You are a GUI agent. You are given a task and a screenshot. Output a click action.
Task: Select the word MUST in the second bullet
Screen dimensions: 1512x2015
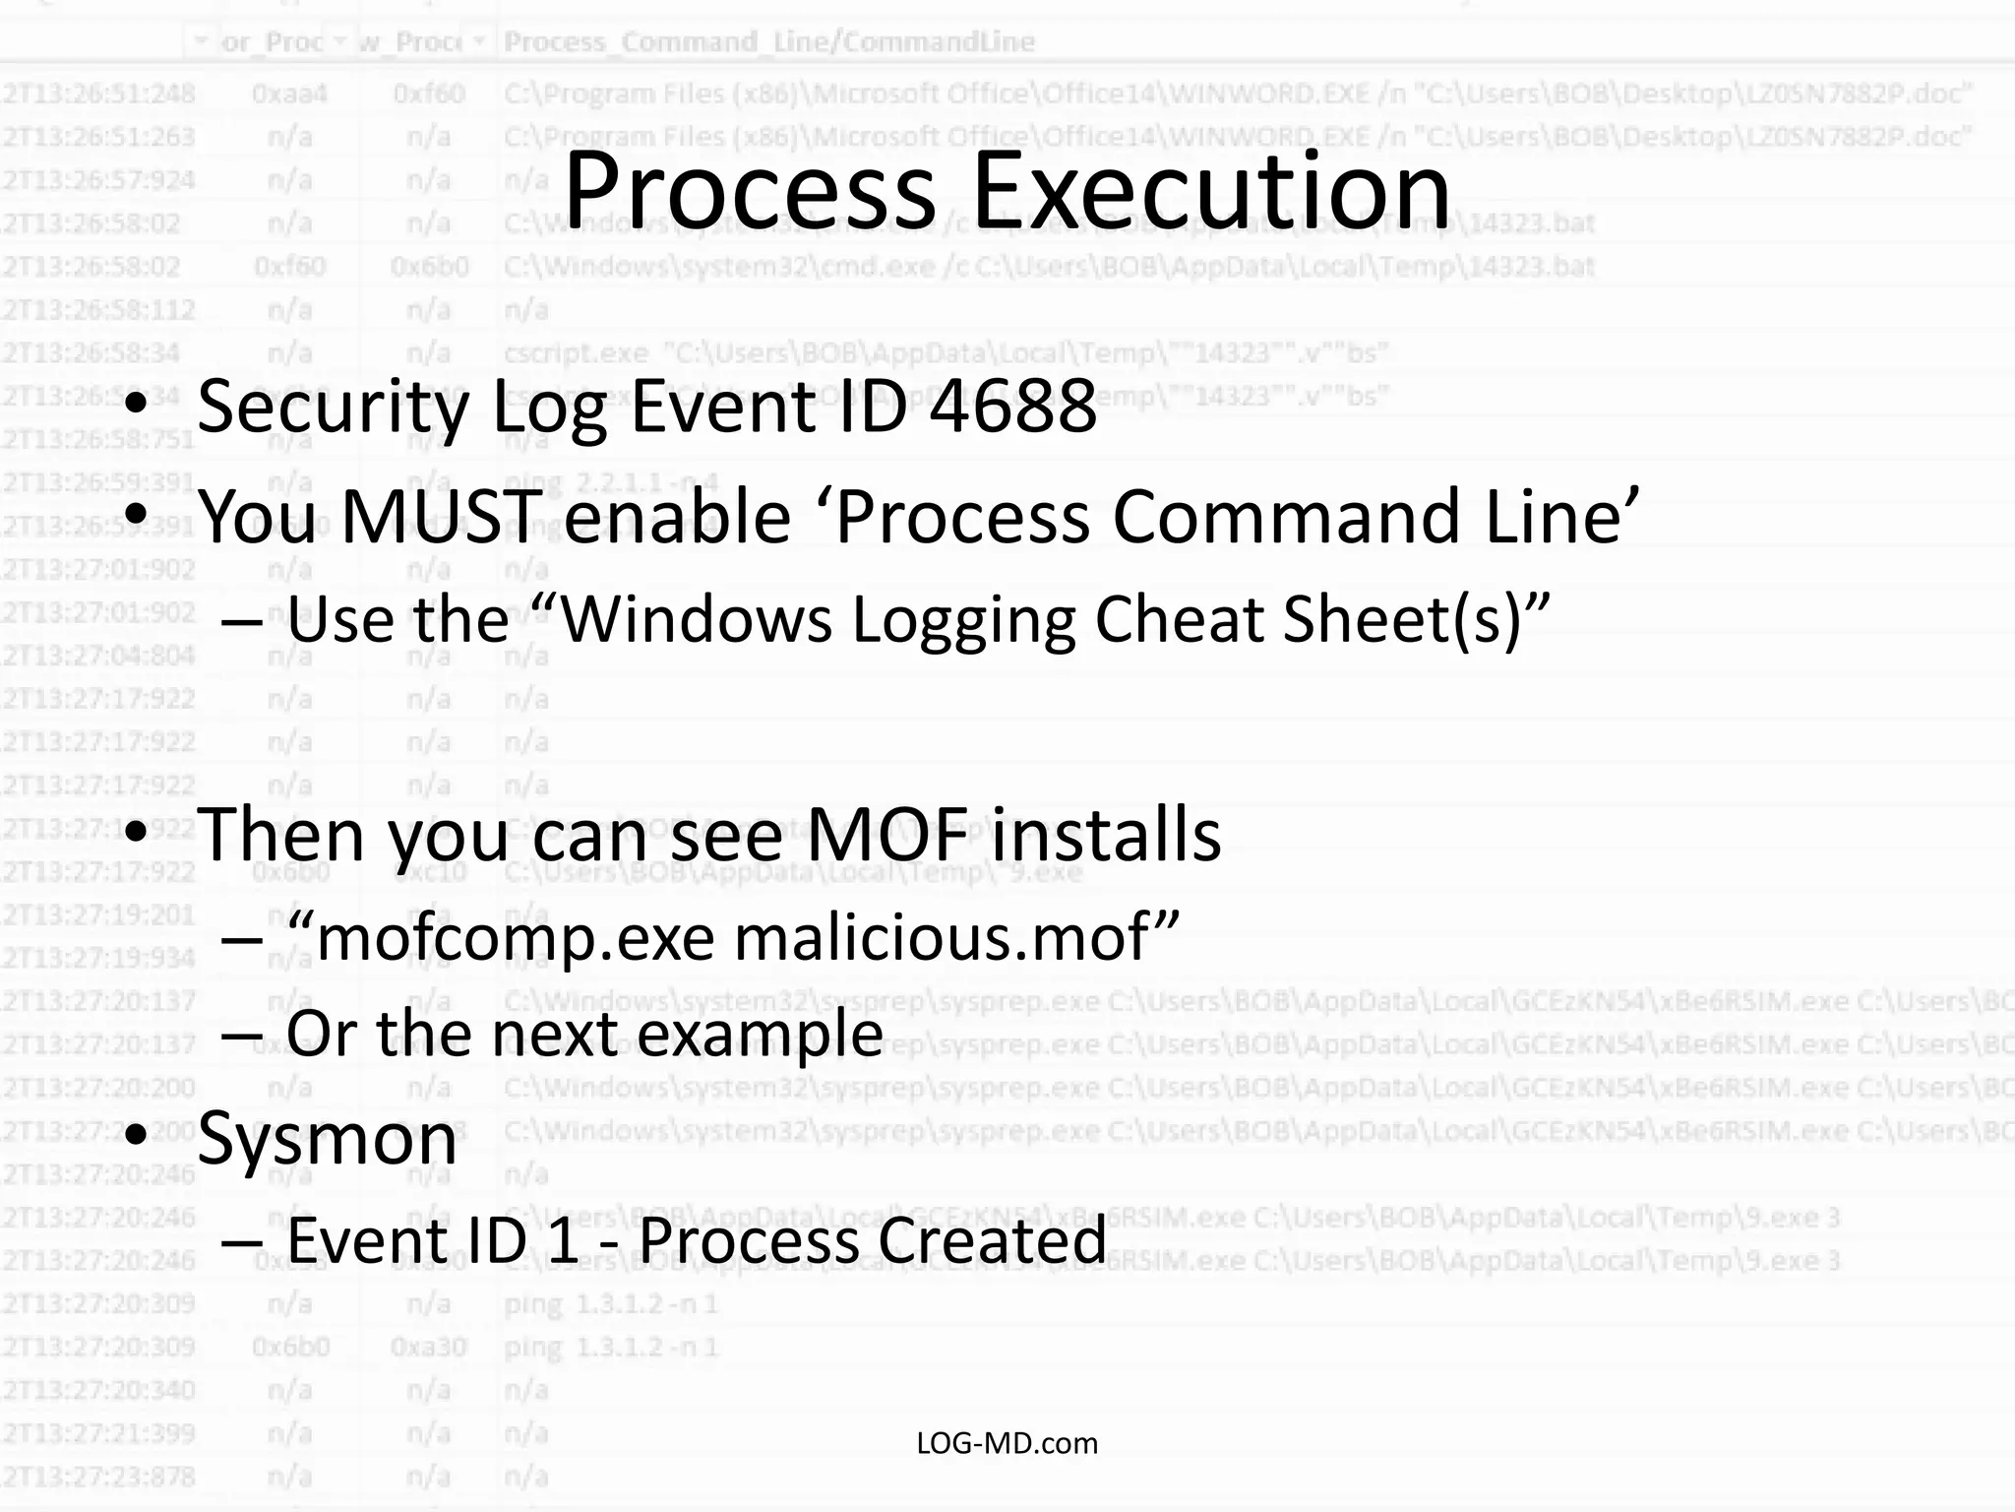click(442, 517)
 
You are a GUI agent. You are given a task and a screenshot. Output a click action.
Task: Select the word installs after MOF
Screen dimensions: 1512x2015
click(1106, 835)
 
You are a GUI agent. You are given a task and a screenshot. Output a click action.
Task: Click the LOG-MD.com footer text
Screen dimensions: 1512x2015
click(1007, 1443)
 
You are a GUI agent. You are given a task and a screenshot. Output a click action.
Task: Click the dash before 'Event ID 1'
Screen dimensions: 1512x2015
click(242, 1240)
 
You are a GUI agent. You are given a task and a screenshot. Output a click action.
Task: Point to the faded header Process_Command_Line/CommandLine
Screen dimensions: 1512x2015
click(768, 42)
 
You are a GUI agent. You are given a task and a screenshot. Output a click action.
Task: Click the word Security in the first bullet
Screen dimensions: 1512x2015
click(335, 406)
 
